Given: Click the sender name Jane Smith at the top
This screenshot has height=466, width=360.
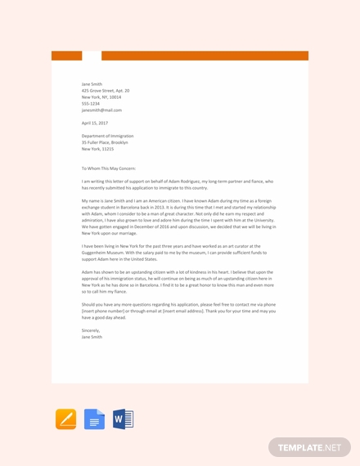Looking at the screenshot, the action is [92, 84].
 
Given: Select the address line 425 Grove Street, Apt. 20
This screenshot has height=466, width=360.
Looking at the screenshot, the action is [106, 91].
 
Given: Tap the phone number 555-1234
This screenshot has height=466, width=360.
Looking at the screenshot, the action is [91, 104].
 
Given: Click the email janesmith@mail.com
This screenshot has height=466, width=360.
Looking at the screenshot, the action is [101, 110].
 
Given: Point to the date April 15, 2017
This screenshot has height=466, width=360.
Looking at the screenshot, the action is [95, 123].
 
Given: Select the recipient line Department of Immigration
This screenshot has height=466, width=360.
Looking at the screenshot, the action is [107, 136].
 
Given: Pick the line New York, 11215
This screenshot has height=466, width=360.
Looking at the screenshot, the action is [97, 149].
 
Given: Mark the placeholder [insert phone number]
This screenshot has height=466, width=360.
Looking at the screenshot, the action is [102, 311].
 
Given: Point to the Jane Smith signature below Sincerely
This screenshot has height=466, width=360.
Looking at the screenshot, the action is [92, 337].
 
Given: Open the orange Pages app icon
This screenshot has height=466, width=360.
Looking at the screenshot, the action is [65, 419].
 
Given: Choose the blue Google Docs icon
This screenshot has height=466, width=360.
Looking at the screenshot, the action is [94, 419].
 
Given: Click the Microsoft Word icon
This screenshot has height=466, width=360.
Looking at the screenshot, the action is [123, 419].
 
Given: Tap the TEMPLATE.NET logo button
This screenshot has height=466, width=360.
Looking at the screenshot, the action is [309, 447].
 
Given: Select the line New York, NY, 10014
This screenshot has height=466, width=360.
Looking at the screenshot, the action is [101, 97].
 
